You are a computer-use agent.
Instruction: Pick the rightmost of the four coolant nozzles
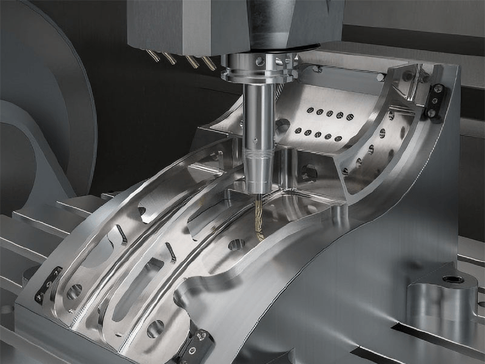[209, 62]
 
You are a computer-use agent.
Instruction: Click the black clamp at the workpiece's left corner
[48, 284]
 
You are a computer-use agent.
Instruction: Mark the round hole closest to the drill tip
[236, 244]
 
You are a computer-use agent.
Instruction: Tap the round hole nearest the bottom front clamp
[155, 328]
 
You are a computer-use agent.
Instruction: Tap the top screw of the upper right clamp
[437, 89]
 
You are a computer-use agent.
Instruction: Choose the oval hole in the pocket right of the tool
[309, 172]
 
